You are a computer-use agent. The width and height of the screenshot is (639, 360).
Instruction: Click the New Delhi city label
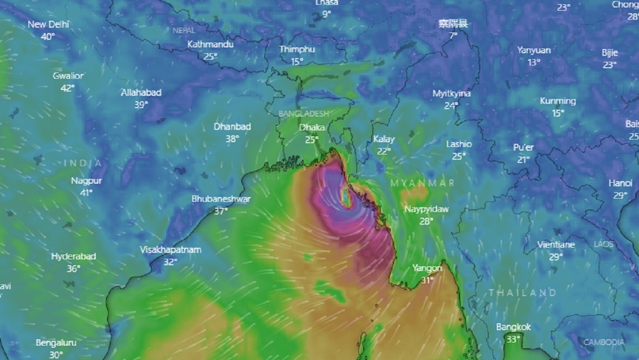coord(48,24)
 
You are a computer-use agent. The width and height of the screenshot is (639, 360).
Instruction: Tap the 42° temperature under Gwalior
coord(67,88)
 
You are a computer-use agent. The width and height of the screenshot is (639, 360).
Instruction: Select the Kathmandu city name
coord(210,44)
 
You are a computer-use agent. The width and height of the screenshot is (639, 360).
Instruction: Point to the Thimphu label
coord(297,50)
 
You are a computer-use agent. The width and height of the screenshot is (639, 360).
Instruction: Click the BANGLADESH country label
coord(304,113)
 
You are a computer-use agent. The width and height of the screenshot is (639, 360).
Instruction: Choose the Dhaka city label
coord(312,128)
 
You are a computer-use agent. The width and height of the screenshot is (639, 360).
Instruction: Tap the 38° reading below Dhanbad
coord(232,138)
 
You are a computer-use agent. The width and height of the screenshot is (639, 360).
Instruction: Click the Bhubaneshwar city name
coord(221,199)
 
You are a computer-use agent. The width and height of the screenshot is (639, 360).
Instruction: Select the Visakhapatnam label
coord(170,250)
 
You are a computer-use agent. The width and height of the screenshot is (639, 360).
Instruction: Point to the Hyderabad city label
coord(73,257)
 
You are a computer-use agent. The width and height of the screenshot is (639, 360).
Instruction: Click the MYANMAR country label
coord(423,183)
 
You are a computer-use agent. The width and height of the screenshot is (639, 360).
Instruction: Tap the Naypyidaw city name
coord(426,209)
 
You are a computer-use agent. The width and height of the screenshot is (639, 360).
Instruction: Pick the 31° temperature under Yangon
coord(427,280)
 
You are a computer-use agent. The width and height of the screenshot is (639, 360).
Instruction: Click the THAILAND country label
coord(522,293)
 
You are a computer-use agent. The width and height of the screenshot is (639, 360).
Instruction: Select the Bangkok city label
coord(513,328)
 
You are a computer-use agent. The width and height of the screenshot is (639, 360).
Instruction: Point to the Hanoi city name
coord(620,183)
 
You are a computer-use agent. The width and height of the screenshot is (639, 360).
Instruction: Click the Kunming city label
coord(558,101)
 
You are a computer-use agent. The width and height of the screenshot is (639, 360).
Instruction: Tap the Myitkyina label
coord(452,94)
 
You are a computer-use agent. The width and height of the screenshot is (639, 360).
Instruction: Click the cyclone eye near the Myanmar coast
coord(347,199)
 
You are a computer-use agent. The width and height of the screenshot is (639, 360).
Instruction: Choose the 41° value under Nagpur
coord(86,192)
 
